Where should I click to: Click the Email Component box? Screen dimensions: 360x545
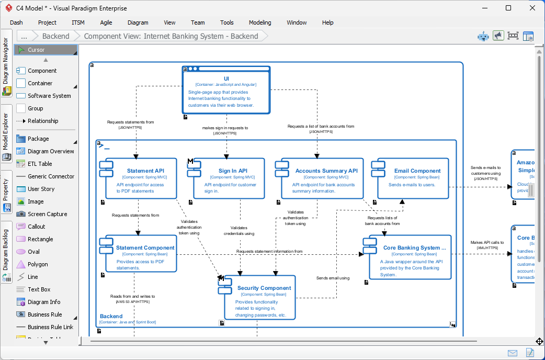[413, 178]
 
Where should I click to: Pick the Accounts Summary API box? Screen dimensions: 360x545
[320, 178]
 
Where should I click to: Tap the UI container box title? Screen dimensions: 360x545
[226, 78]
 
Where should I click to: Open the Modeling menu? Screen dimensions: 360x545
[260, 22]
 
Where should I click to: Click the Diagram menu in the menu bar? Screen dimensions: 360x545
[138, 22]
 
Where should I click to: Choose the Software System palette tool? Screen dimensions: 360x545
[49, 96]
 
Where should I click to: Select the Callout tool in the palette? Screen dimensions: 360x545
[37, 227]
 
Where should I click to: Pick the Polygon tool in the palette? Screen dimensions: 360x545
[38, 264]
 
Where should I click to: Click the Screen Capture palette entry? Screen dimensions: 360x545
[47, 214]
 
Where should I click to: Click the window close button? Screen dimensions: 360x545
[532, 8]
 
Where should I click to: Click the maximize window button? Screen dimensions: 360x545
[508, 8]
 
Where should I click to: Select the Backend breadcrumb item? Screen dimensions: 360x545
[55, 36]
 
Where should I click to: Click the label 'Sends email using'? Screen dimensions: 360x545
[333, 278]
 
